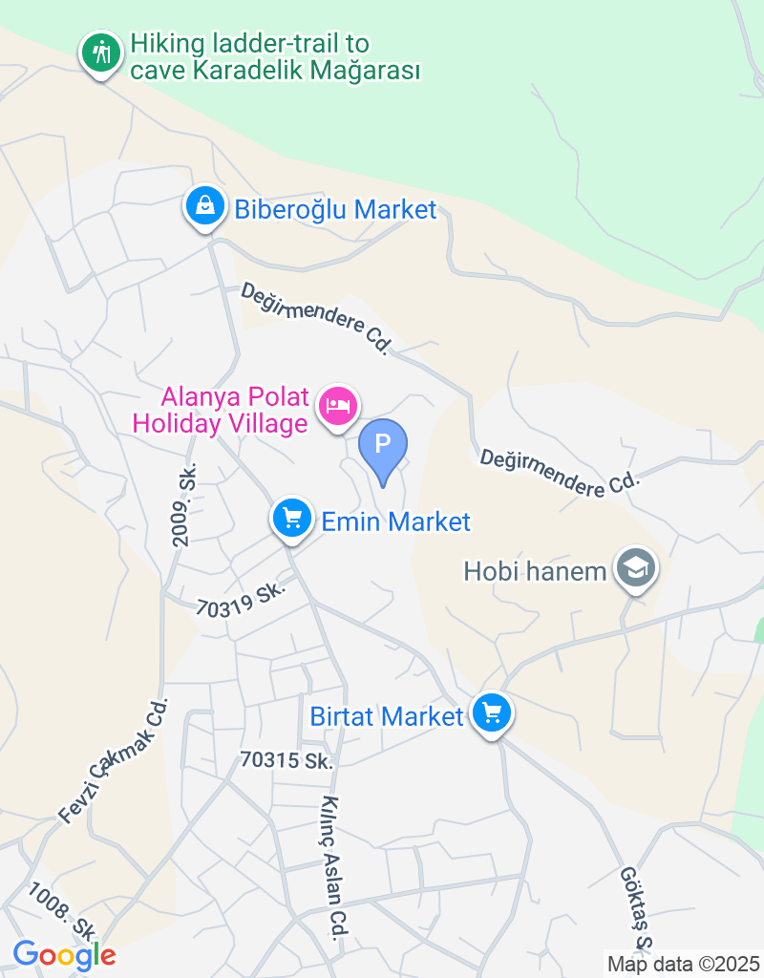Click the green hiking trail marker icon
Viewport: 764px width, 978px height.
pyautogui.click(x=100, y=52)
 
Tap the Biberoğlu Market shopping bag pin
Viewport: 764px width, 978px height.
pyautogui.click(x=205, y=204)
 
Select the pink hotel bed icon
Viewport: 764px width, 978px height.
pyautogui.click(x=338, y=406)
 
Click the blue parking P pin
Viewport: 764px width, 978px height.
pyautogui.click(x=383, y=446)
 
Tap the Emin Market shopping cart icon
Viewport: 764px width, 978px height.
pyautogui.click(x=292, y=519)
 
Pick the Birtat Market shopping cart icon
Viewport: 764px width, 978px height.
pyautogui.click(x=493, y=712)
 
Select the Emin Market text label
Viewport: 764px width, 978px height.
pyautogui.click(x=396, y=521)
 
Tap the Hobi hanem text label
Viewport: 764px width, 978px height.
pyautogui.click(x=535, y=571)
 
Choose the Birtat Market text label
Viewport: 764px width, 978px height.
pyautogui.click(x=387, y=715)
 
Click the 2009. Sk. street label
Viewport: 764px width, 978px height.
pyautogui.click(x=185, y=505)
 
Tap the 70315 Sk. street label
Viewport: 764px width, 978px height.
pyautogui.click(x=286, y=760)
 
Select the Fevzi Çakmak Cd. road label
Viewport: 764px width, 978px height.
pyautogui.click(x=114, y=760)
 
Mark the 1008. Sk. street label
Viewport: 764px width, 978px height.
pyautogui.click(x=63, y=912)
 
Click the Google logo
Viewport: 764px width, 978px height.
pyautogui.click(x=64, y=954)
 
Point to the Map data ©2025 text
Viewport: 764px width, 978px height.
pyautogui.click(x=683, y=964)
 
